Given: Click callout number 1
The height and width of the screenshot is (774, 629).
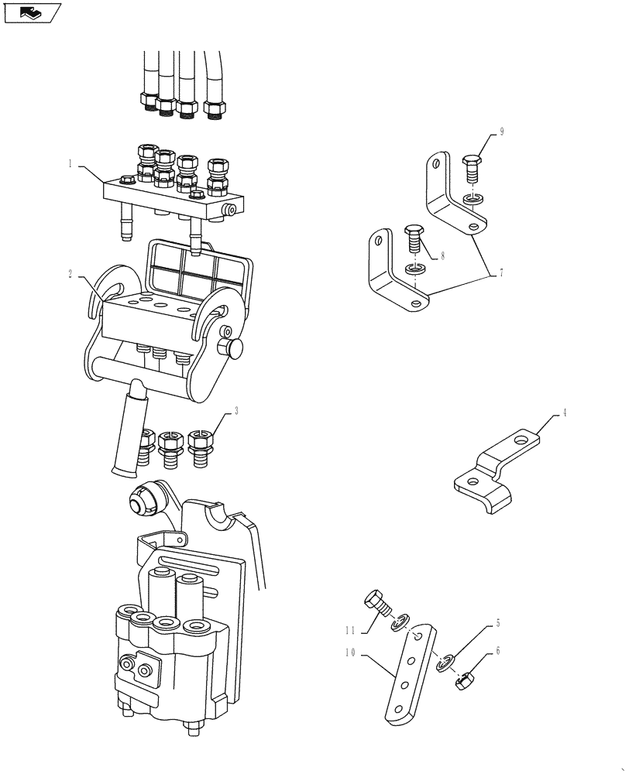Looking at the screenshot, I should (x=70, y=163).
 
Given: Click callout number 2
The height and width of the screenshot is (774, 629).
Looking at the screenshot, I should (x=70, y=274).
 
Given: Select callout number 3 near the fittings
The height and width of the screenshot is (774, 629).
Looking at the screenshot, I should (x=236, y=412).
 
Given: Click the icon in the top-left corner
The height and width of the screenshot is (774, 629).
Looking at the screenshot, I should (x=31, y=12).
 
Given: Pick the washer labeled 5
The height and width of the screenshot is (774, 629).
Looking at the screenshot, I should (x=445, y=663).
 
